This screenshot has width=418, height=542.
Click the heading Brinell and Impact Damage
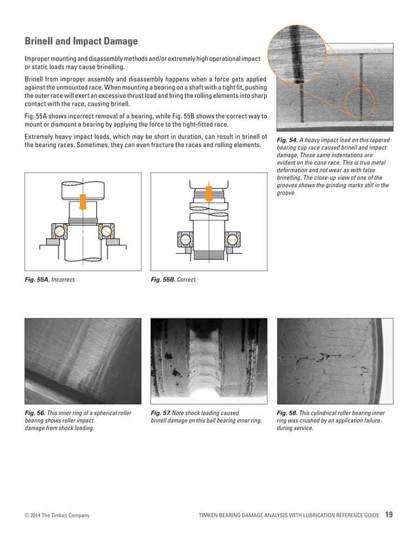[x=81, y=42]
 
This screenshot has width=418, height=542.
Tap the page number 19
[x=389, y=514]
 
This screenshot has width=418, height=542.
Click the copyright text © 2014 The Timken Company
[x=57, y=516]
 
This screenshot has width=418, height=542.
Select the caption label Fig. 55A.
[x=36, y=280]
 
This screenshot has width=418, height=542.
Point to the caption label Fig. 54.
[x=288, y=141]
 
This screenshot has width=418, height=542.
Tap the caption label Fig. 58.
[x=288, y=413]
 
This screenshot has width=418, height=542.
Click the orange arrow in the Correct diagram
[x=208, y=193]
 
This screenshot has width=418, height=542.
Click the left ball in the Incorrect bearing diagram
[x=60, y=232]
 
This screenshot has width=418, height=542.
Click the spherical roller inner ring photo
[x=83, y=361]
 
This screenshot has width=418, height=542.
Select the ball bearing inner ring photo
[x=209, y=361]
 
